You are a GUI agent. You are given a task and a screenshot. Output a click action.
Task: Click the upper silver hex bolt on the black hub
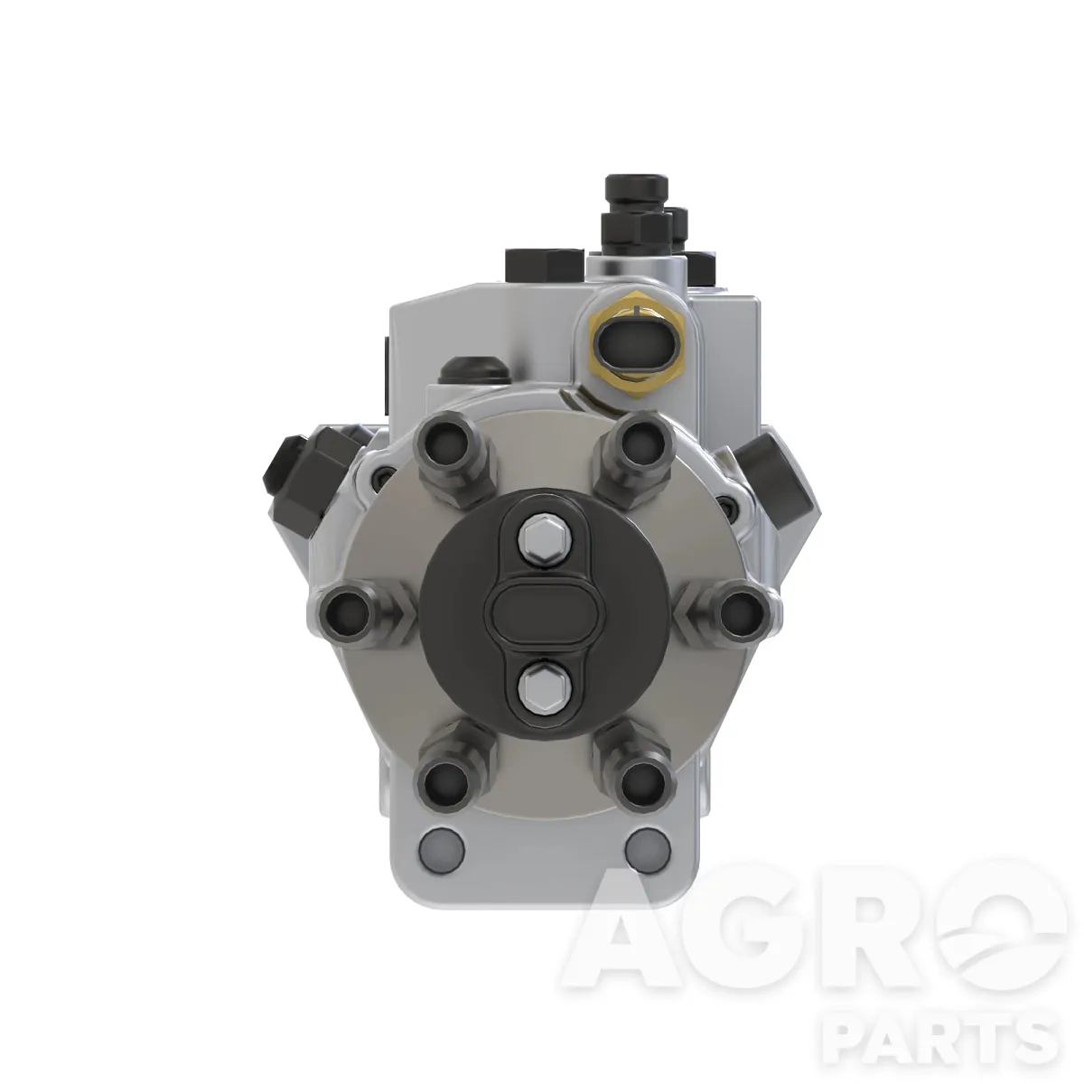coord(544,536)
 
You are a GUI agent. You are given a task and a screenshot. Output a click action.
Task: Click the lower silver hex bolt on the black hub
coord(543,689)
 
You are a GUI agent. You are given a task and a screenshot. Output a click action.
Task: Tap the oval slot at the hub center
coord(544,612)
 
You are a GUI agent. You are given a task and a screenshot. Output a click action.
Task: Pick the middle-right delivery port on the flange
coord(741,612)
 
